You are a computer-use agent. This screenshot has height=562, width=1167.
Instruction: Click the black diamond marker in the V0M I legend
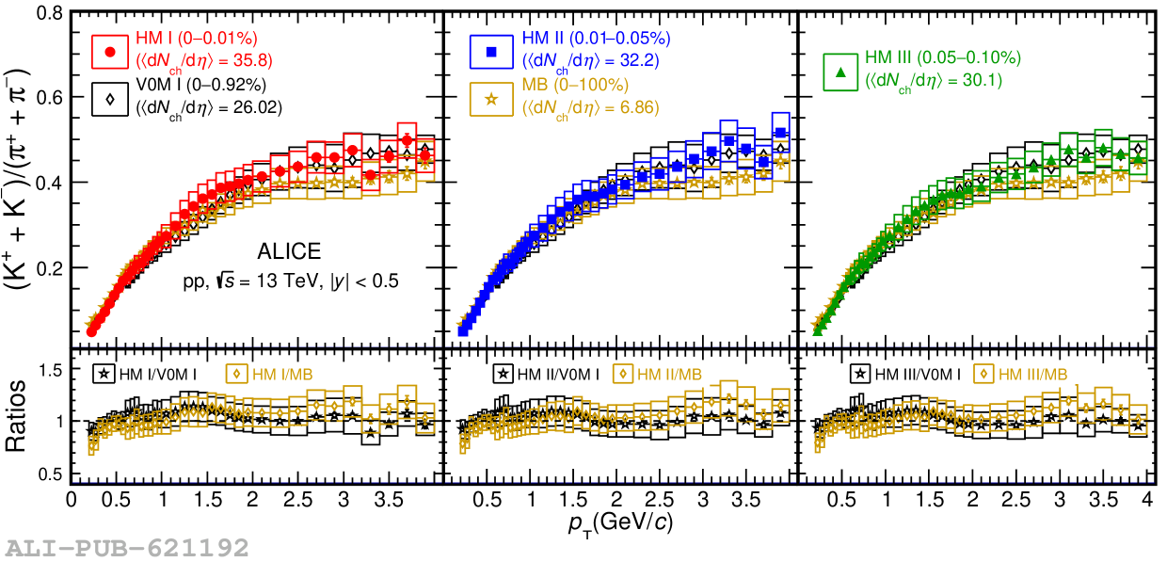click(x=110, y=98)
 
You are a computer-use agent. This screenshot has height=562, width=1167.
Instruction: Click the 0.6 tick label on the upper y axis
click(x=50, y=98)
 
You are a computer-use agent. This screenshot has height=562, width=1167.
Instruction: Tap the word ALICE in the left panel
click(x=289, y=251)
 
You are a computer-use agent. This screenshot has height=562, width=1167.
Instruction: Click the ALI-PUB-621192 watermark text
click(x=127, y=547)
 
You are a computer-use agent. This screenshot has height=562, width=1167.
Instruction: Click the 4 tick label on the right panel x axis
click(x=1147, y=498)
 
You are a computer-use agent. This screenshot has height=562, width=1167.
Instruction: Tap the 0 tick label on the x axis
click(x=72, y=498)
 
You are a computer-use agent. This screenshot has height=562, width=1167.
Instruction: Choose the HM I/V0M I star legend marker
click(x=104, y=374)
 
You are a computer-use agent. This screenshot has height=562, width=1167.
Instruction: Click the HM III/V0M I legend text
click(x=918, y=374)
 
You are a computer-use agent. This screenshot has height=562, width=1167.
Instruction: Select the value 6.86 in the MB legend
click(x=639, y=108)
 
